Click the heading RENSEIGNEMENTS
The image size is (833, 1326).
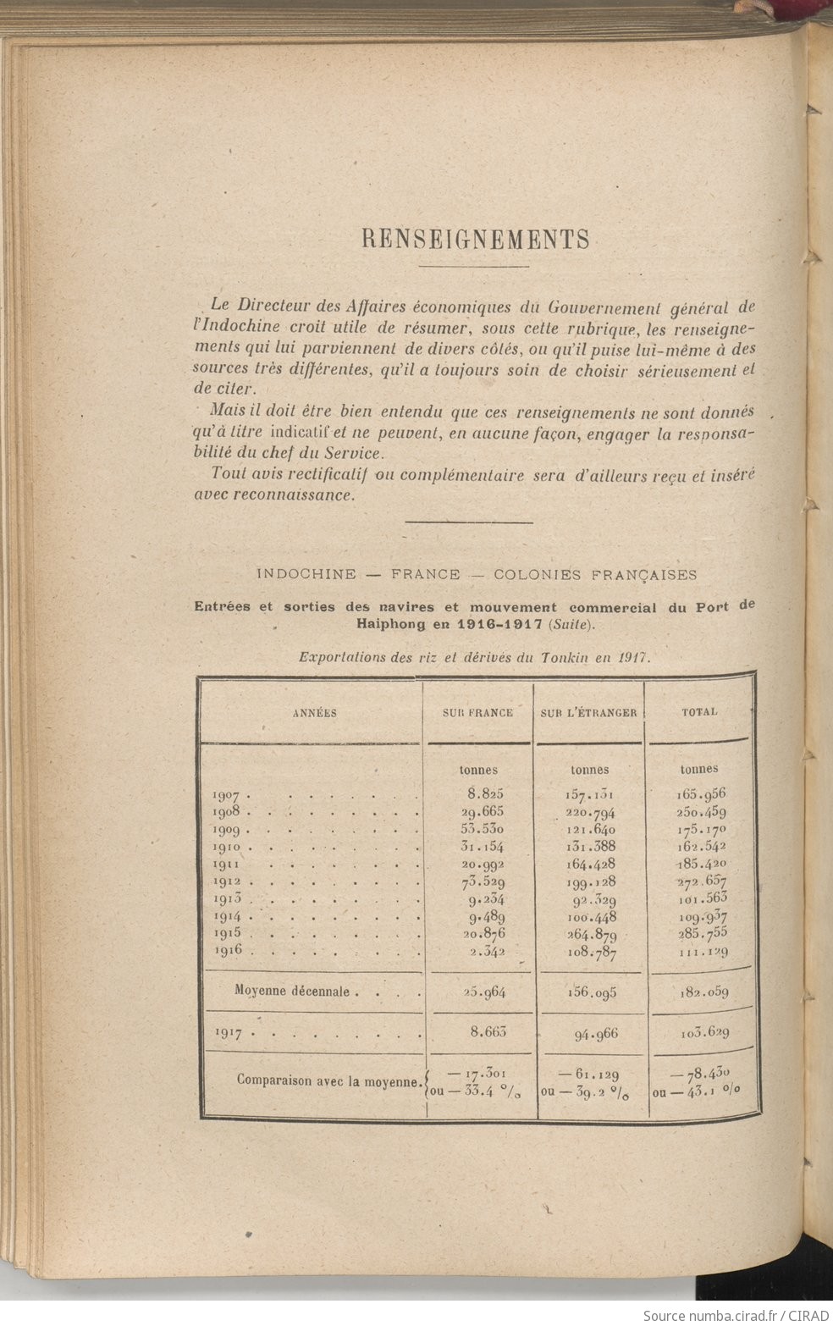(x=475, y=240)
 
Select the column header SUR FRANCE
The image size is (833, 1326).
(x=477, y=713)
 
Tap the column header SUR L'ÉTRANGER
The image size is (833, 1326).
(x=589, y=713)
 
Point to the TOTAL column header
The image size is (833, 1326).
(x=699, y=712)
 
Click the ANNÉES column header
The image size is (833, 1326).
(x=314, y=713)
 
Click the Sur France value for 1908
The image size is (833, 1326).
(x=482, y=811)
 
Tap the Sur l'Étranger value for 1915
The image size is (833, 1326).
(x=591, y=935)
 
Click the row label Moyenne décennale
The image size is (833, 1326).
(x=294, y=991)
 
